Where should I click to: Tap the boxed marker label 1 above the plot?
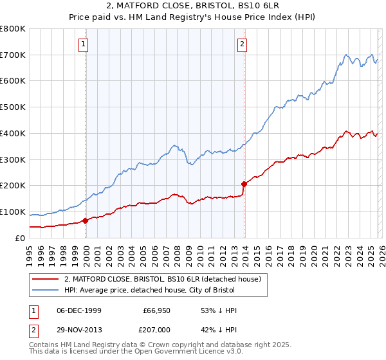85,44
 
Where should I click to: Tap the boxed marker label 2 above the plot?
242,44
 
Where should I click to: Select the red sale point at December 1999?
86,221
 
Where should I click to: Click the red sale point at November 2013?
244,184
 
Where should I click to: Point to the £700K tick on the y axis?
13,55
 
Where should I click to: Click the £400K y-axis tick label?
13,134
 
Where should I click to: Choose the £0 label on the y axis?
19,238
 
